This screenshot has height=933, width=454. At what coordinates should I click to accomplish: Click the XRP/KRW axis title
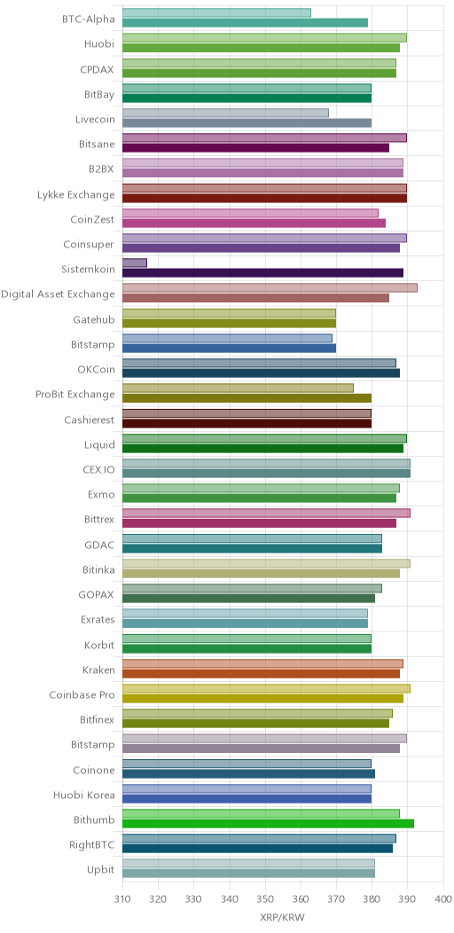pyautogui.click(x=282, y=918)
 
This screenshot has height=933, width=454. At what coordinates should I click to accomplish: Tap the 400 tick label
pyautogui.click(x=443, y=899)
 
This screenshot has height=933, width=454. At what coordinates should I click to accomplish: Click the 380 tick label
pyautogui.click(x=372, y=899)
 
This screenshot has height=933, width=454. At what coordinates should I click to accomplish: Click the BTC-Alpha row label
pyautogui.click(x=88, y=18)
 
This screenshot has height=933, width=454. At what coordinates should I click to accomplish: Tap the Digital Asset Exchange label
pyautogui.click(x=58, y=294)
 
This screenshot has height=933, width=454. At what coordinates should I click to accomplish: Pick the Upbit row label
pyautogui.click(x=100, y=869)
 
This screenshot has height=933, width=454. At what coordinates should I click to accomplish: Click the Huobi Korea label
pyautogui.click(x=84, y=794)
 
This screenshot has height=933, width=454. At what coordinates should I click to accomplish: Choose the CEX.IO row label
pyautogui.click(x=99, y=469)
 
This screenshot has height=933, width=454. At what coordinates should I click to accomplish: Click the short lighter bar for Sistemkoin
pyautogui.click(x=135, y=263)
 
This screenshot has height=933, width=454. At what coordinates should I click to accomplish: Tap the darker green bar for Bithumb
pyautogui.click(x=269, y=824)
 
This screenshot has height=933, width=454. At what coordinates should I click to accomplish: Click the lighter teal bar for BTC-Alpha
pyautogui.click(x=216, y=12)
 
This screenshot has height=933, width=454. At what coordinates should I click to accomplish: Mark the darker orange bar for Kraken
pyautogui.click(x=262, y=673)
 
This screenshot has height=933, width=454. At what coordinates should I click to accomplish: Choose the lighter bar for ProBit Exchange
pyautogui.click(x=238, y=388)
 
